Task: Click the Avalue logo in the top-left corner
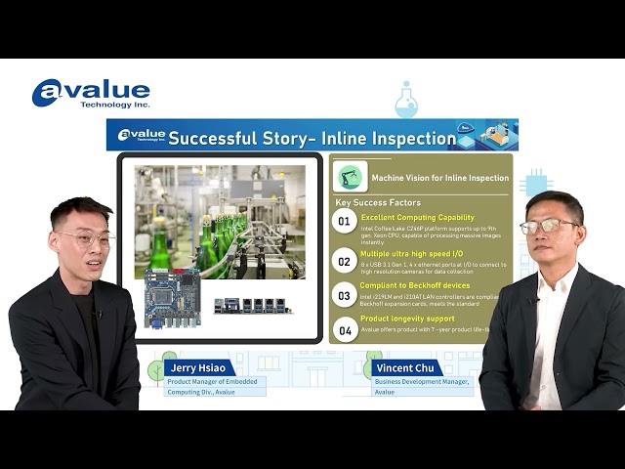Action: click(x=90, y=93)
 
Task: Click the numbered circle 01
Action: click(x=344, y=222)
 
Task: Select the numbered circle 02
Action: click(x=344, y=260)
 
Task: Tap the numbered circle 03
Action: click(x=344, y=294)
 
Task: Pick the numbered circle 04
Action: click(x=344, y=329)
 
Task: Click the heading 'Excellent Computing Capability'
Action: click(x=418, y=218)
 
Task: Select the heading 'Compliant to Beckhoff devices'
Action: click(x=415, y=285)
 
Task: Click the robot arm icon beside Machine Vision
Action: click(x=351, y=176)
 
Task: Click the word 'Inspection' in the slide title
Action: click(x=415, y=138)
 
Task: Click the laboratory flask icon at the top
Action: click(x=406, y=100)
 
